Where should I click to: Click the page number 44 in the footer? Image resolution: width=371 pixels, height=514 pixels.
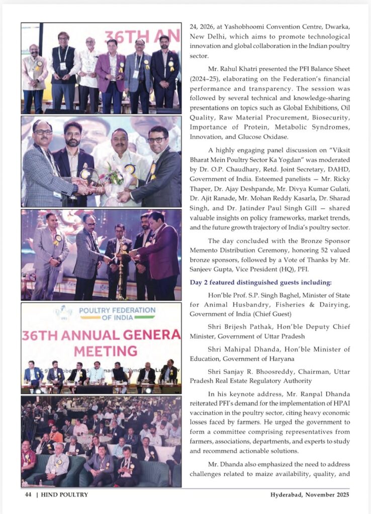(x=28, y=494)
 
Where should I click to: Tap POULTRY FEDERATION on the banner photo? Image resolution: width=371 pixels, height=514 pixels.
(x=120, y=310)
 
